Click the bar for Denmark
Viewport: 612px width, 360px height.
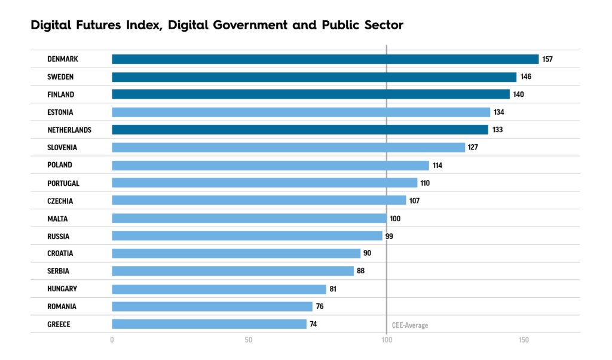(325, 59)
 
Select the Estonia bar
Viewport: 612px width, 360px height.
(301, 112)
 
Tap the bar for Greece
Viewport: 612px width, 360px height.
(209, 324)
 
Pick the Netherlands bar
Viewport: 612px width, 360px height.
(300, 130)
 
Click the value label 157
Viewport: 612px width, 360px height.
(548, 59)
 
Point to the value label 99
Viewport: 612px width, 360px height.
(389, 236)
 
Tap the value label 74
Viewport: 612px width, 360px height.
(313, 324)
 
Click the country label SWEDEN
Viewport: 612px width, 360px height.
(60, 77)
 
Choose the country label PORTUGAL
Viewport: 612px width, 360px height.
(63, 183)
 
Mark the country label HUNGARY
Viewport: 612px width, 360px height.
(62, 289)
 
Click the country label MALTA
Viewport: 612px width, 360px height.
(58, 218)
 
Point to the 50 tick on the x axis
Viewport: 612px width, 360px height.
(249, 340)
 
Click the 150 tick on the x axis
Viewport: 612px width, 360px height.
(524, 340)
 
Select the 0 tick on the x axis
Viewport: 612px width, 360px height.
(112, 340)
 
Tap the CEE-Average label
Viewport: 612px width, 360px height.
(410, 325)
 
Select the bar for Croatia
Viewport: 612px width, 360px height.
(236, 254)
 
